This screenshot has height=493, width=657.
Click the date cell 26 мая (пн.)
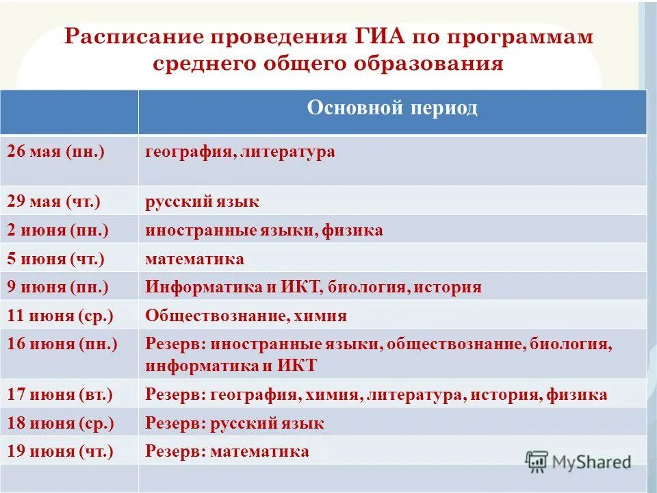(x=55, y=151)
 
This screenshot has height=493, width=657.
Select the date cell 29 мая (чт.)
(x=54, y=202)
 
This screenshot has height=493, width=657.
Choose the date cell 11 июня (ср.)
(x=60, y=316)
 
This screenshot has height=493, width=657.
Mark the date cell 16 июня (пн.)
(x=62, y=344)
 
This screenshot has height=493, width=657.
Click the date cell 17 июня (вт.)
(x=60, y=394)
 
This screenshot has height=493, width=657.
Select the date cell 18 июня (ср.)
(x=60, y=423)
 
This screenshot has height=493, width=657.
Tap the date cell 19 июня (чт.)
(x=60, y=451)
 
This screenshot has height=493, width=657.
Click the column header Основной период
(x=392, y=108)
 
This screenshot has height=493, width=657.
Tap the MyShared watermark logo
(x=578, y=461)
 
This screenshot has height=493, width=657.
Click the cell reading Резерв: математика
(x=227, y=451)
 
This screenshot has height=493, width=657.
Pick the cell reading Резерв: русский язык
(x=235, y=423)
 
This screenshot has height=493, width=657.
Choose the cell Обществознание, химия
(x=246, y=316)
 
